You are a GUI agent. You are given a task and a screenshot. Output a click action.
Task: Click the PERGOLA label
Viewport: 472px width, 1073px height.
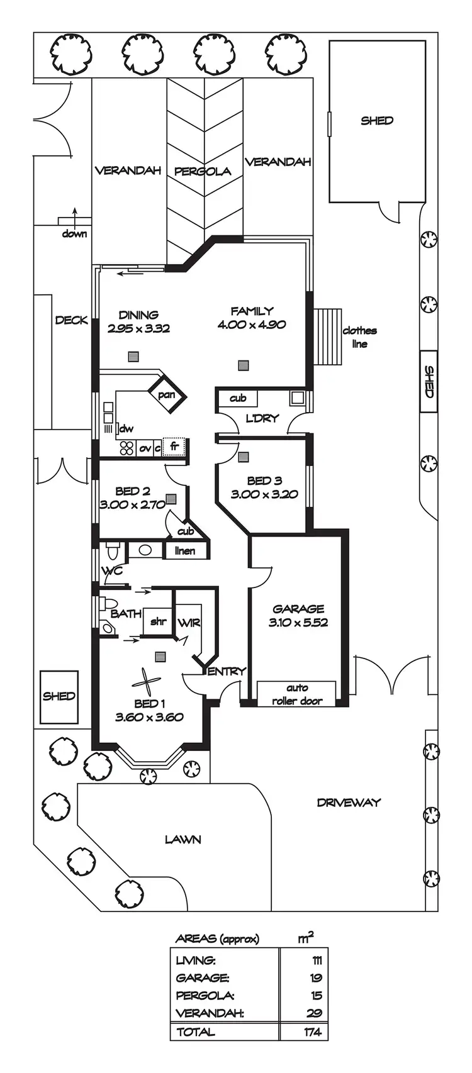click(x=202, y=171)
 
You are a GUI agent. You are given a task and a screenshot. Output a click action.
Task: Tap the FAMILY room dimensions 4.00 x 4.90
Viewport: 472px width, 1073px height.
click(x=252, y=325)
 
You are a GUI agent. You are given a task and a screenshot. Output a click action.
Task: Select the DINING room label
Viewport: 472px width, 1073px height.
click(x=138, y=314)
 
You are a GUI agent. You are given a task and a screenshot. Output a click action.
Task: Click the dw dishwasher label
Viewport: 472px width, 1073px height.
click(x=126, y=429)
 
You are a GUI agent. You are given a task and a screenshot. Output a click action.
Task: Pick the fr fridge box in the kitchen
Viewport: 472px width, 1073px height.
click(x=175, y=447)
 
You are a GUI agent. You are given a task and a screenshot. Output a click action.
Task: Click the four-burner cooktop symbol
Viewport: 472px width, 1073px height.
click(x=127, y=448)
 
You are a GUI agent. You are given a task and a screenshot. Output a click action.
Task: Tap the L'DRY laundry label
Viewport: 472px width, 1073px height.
click(x=262, y=418)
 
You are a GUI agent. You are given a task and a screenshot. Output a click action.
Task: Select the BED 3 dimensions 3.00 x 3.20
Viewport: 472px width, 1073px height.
click(x=264, y=494)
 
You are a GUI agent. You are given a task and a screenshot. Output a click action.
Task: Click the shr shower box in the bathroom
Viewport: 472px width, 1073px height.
click(x=157, y=621)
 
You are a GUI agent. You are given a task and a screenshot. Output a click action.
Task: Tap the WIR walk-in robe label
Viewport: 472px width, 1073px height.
click(x=189, y=623)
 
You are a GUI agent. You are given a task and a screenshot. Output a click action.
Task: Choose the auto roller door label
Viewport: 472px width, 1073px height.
click(x=297, y=695)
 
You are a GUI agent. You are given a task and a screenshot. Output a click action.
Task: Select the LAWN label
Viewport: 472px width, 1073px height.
click(x=183, y=839)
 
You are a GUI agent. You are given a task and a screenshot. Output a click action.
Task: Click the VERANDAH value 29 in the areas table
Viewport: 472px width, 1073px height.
click(x=315, y=1013)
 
